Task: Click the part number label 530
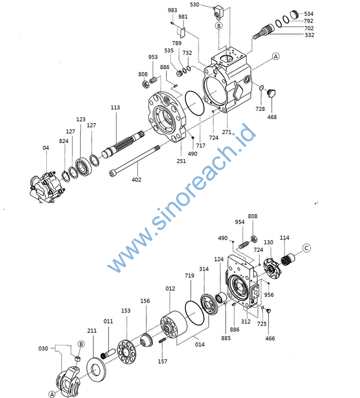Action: (195, 4)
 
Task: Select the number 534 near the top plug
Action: (309, 14)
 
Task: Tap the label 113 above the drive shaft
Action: (115, 108)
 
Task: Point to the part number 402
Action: (137, 180)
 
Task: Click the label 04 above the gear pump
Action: (46, 147)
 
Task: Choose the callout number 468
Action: (272, 117)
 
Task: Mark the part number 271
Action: (227, 132)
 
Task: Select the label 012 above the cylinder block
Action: (170, 289)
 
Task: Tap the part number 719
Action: (189, 276)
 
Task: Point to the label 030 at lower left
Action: (43, 348)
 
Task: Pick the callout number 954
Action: (239, 222)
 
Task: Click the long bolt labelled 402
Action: (136, 160)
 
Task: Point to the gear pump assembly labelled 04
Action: (46, 187)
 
